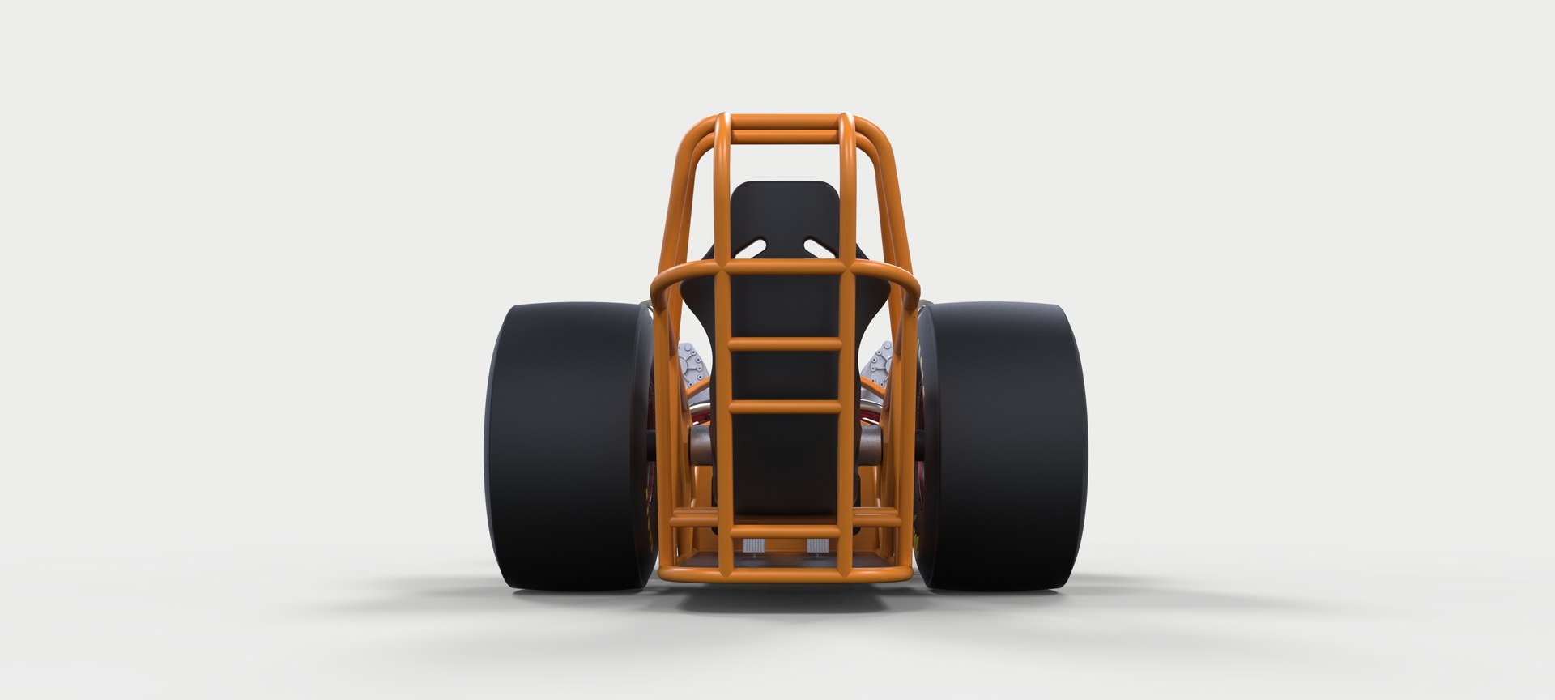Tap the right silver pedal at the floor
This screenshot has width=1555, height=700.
(816, 545)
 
